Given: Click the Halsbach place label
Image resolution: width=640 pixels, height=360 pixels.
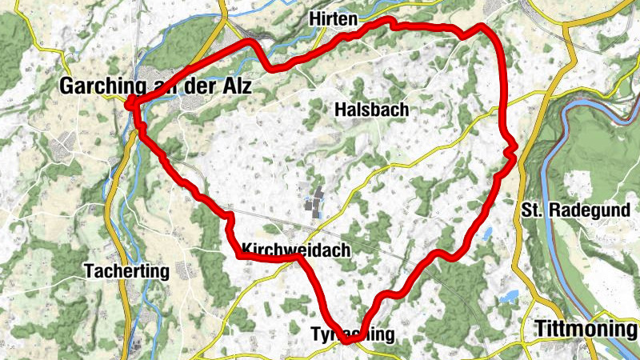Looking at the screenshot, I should (372, 109).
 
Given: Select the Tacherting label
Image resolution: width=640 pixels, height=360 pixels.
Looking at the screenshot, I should (126, 271).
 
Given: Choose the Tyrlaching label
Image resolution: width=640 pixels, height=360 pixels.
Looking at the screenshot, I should (352, 334).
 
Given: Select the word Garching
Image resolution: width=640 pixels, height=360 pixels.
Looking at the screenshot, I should (101, 86).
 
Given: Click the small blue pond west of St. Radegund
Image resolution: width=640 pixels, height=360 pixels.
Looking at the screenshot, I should (486, 234).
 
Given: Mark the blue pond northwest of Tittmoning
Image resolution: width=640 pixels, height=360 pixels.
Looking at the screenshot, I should (508, 298).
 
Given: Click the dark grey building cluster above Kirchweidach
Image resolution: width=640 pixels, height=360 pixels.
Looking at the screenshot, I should (315, 202).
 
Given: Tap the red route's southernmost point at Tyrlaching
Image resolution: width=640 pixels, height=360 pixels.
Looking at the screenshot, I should (348, 342).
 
